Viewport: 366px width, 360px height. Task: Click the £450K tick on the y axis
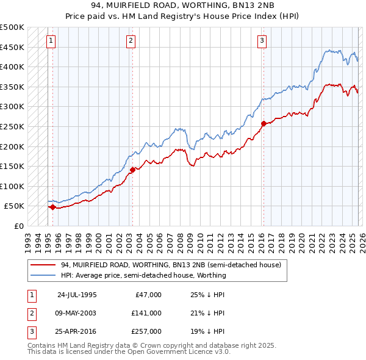12,47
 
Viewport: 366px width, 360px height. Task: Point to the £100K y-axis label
12,186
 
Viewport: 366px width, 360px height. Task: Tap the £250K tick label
12,126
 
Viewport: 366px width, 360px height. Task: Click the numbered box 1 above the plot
51,41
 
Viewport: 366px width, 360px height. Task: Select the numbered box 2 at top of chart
131,41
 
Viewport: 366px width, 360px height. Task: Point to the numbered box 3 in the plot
262,41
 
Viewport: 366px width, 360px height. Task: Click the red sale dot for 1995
52,207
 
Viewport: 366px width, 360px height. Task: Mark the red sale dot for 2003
132,170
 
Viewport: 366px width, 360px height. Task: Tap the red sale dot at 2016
264,123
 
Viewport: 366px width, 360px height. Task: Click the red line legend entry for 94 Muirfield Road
171,265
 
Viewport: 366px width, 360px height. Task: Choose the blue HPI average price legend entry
143,275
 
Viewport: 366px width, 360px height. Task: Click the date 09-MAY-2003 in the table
76,313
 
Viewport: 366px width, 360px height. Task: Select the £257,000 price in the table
146,332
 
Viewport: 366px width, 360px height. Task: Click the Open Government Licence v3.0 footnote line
129,352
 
